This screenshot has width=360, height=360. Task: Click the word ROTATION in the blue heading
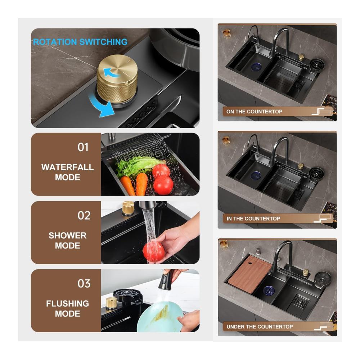pos(55,42)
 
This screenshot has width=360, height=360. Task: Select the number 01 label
pos(83,147)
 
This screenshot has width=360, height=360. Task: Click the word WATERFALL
pos(68,167)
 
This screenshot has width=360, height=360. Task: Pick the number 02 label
pos(84,215)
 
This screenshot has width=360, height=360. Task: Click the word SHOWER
pos(68,235)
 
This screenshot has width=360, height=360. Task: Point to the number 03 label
pos(84,284)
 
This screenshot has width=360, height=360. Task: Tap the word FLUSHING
pos(68,303)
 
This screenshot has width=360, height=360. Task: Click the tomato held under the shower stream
pos(153,252)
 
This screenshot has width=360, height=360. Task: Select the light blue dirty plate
pos(160,317)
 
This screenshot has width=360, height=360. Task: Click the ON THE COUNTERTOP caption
pos(255,112)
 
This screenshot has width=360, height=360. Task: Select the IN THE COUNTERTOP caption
pos(253,219)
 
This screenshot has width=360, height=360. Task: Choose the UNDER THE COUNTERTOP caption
pos(260,327)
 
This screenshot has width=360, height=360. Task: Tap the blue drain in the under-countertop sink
pos(269,290)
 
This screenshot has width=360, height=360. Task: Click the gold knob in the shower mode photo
pos(128,208)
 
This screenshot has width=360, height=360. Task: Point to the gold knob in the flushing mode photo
pos(111,303)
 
